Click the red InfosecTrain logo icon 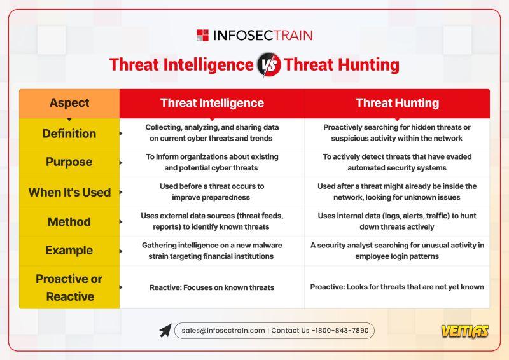click(x=202, y=35)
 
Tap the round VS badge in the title click(x=268, y=65)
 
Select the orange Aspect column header click(x=69, y=103)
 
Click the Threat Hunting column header click(x=397, y=103)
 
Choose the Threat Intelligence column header click(x=212, y=103)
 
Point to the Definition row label click(x=69, y=134)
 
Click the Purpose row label click(x=69, y=162)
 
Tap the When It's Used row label click(x=69, y=192)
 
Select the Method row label click(x=69, y=222)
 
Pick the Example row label click(x=69, y=250)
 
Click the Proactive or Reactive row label click(x=69, y=287)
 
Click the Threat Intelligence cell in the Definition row click(x=212, y=133)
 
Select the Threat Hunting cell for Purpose click(x=397, y=162)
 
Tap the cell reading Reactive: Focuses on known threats click(x=212, y=287)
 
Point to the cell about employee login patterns click(x=397, y=251)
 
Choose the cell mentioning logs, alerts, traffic click(x=397, y=221)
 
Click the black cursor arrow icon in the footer click(x=165, y=331)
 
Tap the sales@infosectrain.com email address click(x=223, y=331)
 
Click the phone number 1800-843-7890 click(x=342, y=331)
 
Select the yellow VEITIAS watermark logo click(x=465, y=331)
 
